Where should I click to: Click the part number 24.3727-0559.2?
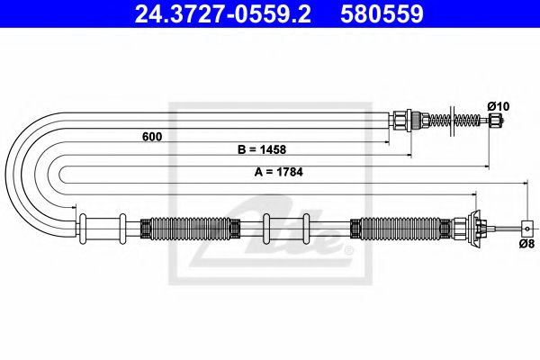pyautogui.click(x=223, y=13)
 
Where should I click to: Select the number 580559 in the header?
pyautogui.click(x=382, y=13)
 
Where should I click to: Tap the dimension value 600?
pyautogui.click(x=152, y=137)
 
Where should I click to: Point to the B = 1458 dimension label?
pyautogui.click(x=262, y=149)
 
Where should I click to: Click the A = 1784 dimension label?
pyautogui.click(x=279, y=172)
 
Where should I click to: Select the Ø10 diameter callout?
pyautogui.click(x=499, y=106)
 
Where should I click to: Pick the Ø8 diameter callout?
pyautogui.click(x=526, y=244)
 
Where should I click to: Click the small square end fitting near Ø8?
pyautogui.click(x=527, y=228)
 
